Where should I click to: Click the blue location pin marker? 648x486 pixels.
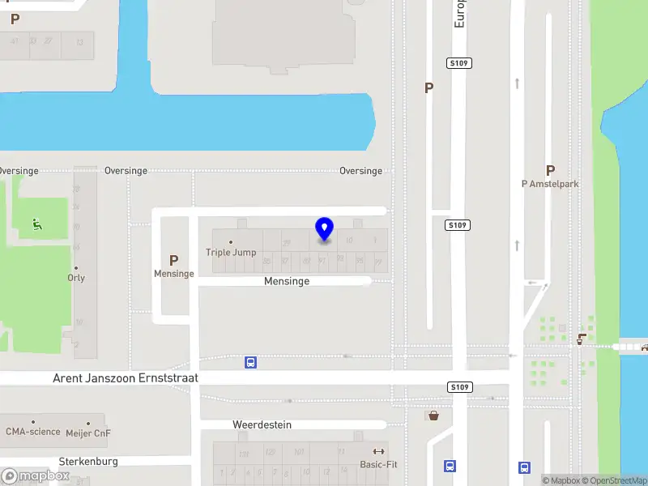click(x=324, y=229)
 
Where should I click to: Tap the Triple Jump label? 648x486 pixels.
click(x=231, y=252)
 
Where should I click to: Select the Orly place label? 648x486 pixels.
click(x=76, y=278)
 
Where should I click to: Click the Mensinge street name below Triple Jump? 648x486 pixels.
click(x=287, y=281)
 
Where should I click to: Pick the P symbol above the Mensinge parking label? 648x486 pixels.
click(x=173, y=260)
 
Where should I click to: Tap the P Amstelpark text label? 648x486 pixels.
click(x=550, y=184)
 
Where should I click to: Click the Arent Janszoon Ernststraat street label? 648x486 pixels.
click(x=126, y=378)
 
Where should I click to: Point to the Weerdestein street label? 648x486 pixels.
click(x=262, y=424)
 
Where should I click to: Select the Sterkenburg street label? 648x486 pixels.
click(x=88, y=461)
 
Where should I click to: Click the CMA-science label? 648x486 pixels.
click(x=33, y=432)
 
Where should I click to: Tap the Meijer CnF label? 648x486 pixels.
click(x=88, y=433)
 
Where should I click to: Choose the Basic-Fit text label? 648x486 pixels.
click(x=378, y=465)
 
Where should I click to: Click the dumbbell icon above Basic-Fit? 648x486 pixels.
click(x=378, y=451)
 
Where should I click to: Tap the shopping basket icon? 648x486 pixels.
click(x=434, y=416)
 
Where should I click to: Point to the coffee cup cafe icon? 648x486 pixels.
click(x=580, y=339)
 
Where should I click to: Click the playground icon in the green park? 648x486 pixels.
click(x=37, y=224)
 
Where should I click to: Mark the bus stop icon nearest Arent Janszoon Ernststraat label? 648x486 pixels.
click(x=251, y=362)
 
